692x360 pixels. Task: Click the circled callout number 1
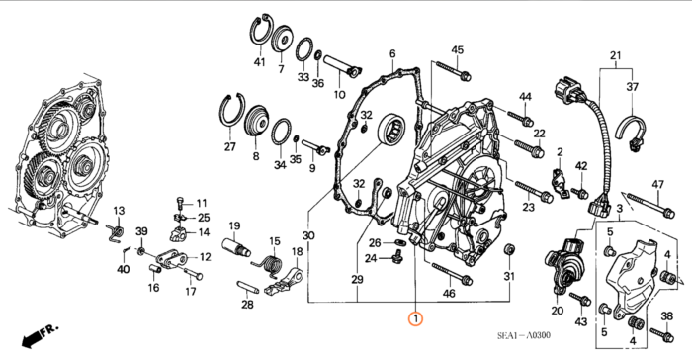tap(415, 318)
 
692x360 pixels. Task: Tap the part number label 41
tap(259, 62)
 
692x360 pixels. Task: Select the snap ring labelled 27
tap(232, 111)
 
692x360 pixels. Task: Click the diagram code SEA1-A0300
tap(524, 335)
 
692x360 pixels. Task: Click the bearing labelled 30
tap(391, 130)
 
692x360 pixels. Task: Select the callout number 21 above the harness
tap(615, 56)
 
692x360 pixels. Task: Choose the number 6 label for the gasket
tap(392, 53)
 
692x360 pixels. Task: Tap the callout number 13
tap(120, 211)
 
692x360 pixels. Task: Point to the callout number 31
tap(509, 277)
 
